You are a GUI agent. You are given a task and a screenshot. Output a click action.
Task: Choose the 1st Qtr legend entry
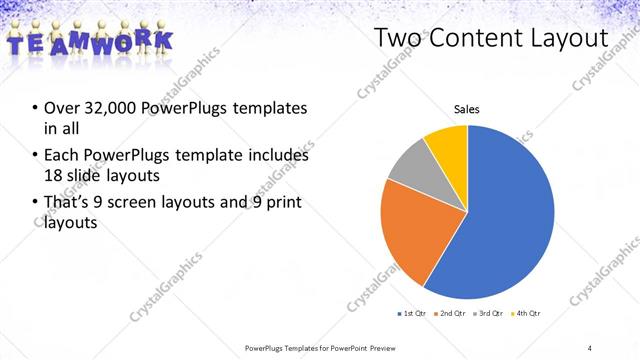[x=412, y=314]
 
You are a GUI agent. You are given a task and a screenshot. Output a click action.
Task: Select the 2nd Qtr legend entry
[x=449, y=314]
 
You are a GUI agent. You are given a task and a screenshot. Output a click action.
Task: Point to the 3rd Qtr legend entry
[x=487, y=314]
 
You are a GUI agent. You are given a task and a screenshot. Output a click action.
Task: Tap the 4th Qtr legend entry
[x=524, y=314]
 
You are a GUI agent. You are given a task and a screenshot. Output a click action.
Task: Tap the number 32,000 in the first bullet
[x=108, y=108]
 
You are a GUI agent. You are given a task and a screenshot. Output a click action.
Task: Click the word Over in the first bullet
[x=61, y=108]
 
